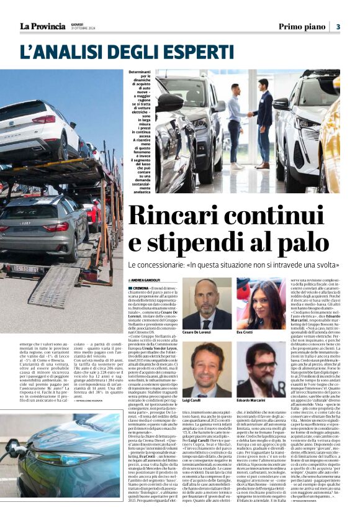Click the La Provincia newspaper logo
click(x=42, y=26)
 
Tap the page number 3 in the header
click(x=338, y=26)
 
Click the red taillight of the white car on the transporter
click(x=44, y=119)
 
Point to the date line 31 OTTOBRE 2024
click(x=84, y=29)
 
